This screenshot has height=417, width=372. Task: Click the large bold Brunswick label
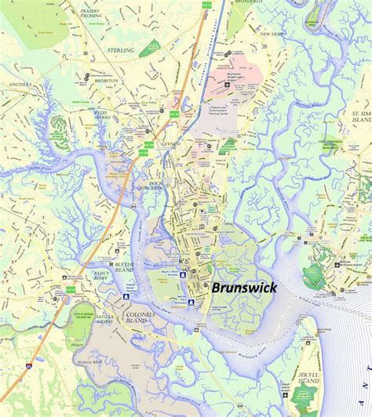click(x=243, y=288)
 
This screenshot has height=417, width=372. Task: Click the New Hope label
click(x=272, y=34)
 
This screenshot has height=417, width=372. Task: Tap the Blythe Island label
click(x=126, y=268)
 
